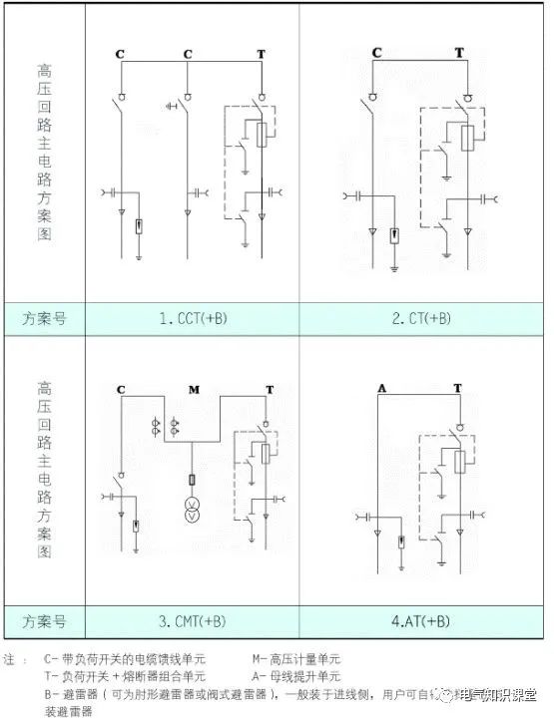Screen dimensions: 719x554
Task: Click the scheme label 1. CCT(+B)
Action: pos(194,319)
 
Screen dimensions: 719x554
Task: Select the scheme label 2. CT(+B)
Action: pos(421,319)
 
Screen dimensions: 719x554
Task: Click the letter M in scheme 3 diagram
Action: pos(195,387)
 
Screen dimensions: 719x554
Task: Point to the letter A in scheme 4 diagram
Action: pos(381,387)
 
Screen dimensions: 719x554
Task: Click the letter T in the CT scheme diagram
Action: pos(459,52)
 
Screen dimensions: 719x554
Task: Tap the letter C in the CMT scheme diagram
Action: pos(121,387)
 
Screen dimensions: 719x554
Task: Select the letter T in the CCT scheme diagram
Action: pos(262,52)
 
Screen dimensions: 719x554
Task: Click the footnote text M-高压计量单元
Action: pos(297,659)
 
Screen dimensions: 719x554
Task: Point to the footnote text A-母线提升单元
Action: pos(297,675)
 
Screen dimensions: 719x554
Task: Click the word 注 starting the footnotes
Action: pos(10,659)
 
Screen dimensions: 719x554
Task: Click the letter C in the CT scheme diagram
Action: pos(376,52)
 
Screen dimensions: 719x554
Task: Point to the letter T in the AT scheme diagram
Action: pos(457,387)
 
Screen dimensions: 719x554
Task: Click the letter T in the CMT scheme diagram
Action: pos(269,387)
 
